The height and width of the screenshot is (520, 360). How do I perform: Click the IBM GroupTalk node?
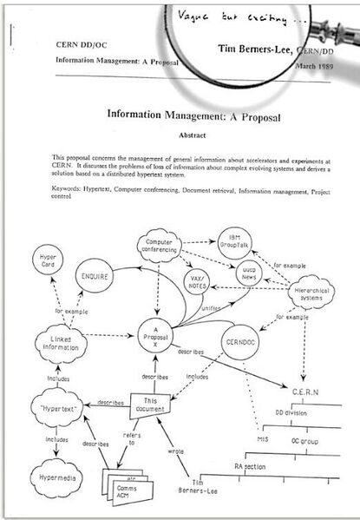click(x=232, y=240)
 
